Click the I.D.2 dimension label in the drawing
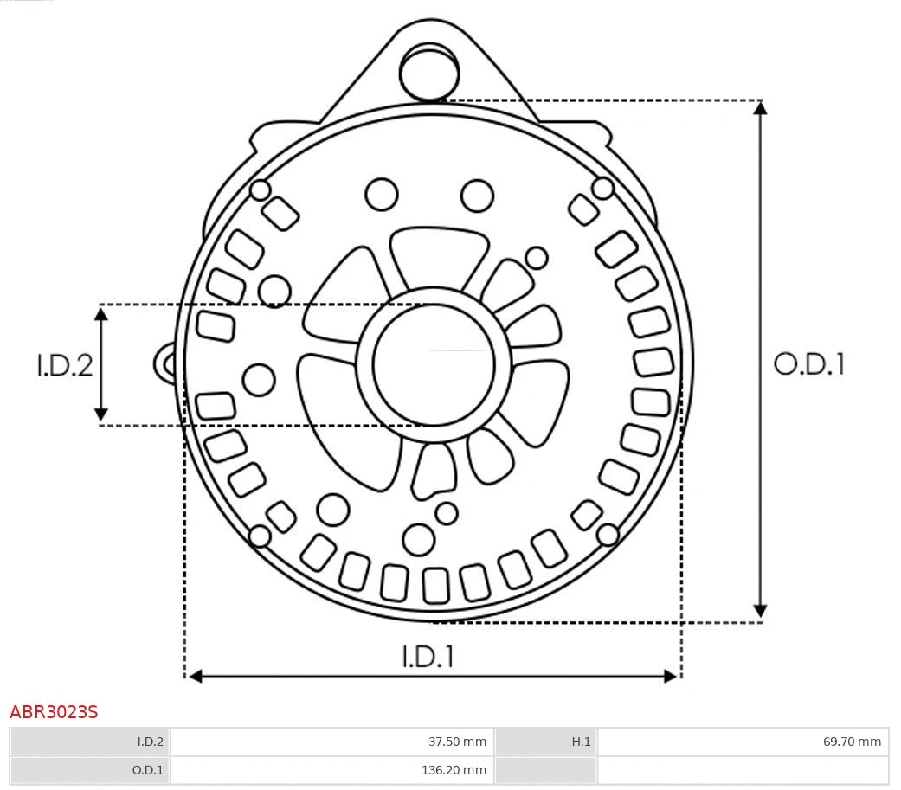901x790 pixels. point(64,365)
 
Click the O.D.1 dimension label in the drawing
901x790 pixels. point(808,364)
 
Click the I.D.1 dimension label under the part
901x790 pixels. point(428,657)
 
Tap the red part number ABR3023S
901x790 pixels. point(54,712)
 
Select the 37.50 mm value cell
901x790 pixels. point(331,742)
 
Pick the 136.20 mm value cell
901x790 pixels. point(331,769)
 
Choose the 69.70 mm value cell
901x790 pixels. point(743,742)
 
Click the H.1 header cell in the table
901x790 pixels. point(545,742)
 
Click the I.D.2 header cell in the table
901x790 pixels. point(90,742)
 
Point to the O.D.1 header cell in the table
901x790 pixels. point(90,769)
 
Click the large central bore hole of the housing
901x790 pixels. point(434,363)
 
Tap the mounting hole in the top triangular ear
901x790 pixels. point(428,72)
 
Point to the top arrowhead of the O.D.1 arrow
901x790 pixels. point(760,108)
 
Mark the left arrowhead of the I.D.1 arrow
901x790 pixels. point(196,676)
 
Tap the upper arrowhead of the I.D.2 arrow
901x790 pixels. point(101,313)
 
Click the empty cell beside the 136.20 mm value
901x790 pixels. point(743,769)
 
